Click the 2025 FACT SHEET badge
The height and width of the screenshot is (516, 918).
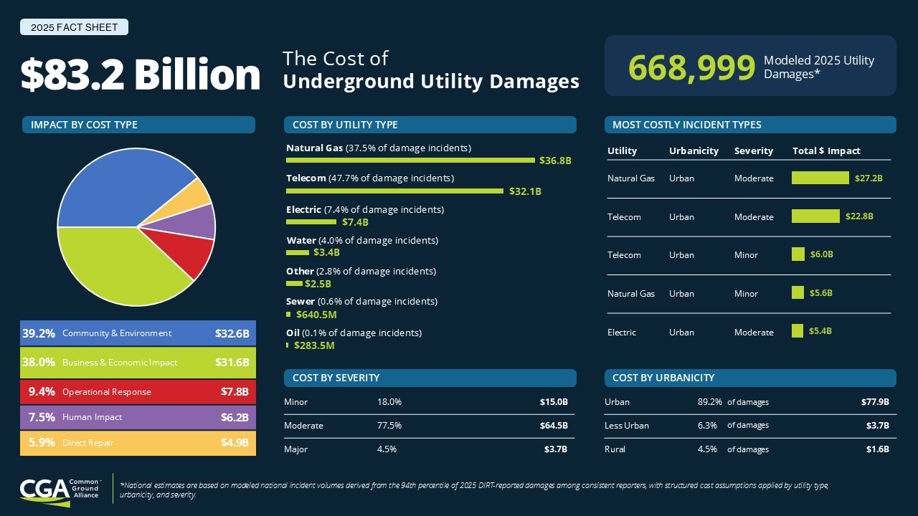click(x=74, y=27)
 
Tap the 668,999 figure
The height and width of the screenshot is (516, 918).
click(x=691, y=67)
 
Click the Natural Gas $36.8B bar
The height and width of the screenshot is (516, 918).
click(x=410, y=160)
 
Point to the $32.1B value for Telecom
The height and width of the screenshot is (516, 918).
click(x=525, y=191)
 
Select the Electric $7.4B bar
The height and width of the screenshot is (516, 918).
click(x=311, y=222)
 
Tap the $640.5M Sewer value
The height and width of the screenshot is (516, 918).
click(x=316, y=315)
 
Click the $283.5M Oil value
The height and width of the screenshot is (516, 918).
click(x=314, y=345)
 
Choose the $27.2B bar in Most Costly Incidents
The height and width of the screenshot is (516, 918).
click(x=820, y=178)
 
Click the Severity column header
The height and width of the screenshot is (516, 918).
click(x=753, y=150)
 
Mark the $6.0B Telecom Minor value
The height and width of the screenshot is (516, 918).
click(x=822, y=254)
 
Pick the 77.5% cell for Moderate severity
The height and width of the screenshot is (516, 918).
click(x=389, y=426)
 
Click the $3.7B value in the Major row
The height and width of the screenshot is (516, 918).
click(x=556, y=449)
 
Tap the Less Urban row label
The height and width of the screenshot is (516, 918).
click(x=627, y=426)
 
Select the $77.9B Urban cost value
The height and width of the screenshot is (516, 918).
click(x=875, y=402)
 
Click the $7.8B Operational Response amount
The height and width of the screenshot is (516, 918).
click(x=235, y=392)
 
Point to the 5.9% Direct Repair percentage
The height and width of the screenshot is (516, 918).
click(x=42, y=443)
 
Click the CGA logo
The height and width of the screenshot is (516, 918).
click(x=60, y=492)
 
